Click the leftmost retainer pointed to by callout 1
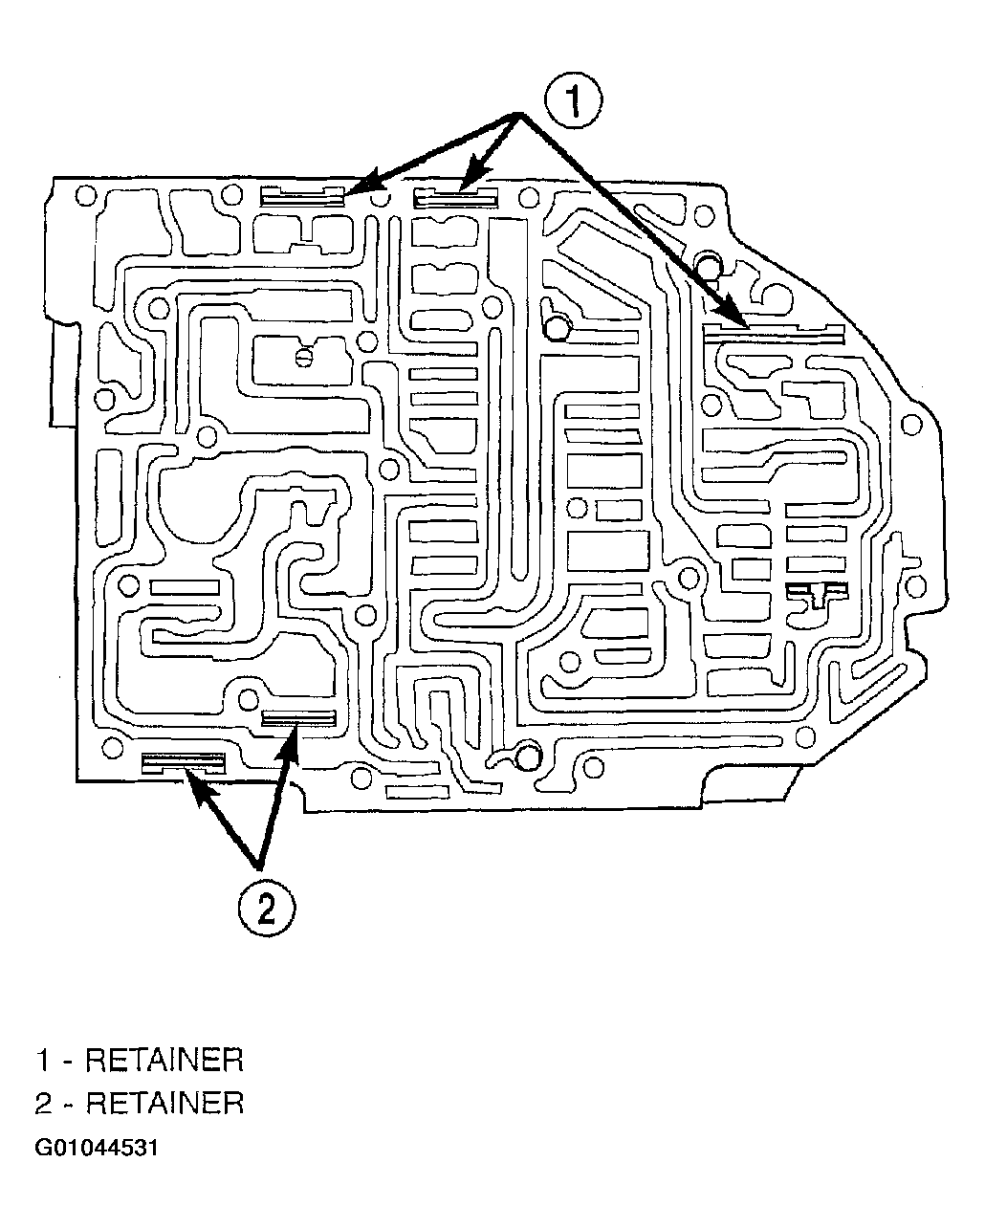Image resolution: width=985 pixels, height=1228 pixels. pos(302,196)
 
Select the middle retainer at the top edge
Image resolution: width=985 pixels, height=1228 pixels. pos(455,197)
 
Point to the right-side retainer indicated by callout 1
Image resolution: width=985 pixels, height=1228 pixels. pos(774,333)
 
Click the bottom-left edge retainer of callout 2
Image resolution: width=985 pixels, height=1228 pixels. pos(184,762)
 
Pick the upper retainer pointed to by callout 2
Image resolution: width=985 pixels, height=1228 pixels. pos(299,718)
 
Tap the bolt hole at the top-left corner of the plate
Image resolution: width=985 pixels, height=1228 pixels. pos(86,196)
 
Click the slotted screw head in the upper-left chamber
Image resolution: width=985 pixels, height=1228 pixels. pos(304,358)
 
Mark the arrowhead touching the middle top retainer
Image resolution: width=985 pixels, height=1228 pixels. pos(476,174)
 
